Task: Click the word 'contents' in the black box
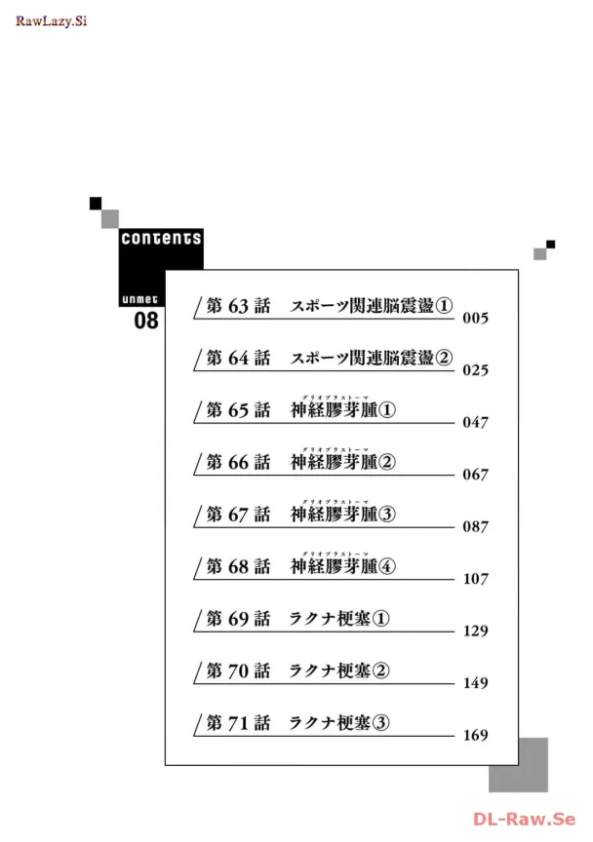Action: (x=161, y=239)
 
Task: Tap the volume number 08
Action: (x=145, y=321)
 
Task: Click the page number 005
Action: (x=475, y=319)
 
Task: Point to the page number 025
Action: (x=475, y=371)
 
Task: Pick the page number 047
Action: (x=475, y=423)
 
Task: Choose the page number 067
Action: (x=475, y=475)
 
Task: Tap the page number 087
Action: (x=475, y=526)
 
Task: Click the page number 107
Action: (x=475, y=579)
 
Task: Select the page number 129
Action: (x=475, y=631)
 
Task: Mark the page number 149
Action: (x=475, y=683)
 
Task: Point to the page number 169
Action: (x=475, y=736)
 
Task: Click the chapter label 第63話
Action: (x=238, y=306)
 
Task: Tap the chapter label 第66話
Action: (x=238, y=462)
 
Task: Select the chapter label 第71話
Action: (x=238, y=723)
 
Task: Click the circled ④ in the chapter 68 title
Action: (x=386, y=566)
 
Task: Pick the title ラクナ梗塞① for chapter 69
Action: (x=339, y=619)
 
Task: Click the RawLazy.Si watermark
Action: (x=51, y=21)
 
